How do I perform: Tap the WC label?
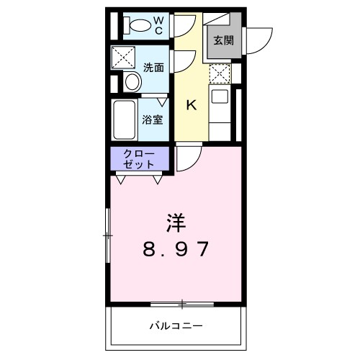click(161, 24)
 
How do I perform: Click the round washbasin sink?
click(132, 82)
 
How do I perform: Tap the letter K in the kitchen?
click(192, 105)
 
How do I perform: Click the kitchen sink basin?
click(220, 96)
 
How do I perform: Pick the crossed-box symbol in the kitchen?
click(220, 72)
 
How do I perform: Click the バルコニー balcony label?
click(176, 324)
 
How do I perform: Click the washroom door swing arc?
click(182, 60)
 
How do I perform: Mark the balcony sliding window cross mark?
click(183, 301)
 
